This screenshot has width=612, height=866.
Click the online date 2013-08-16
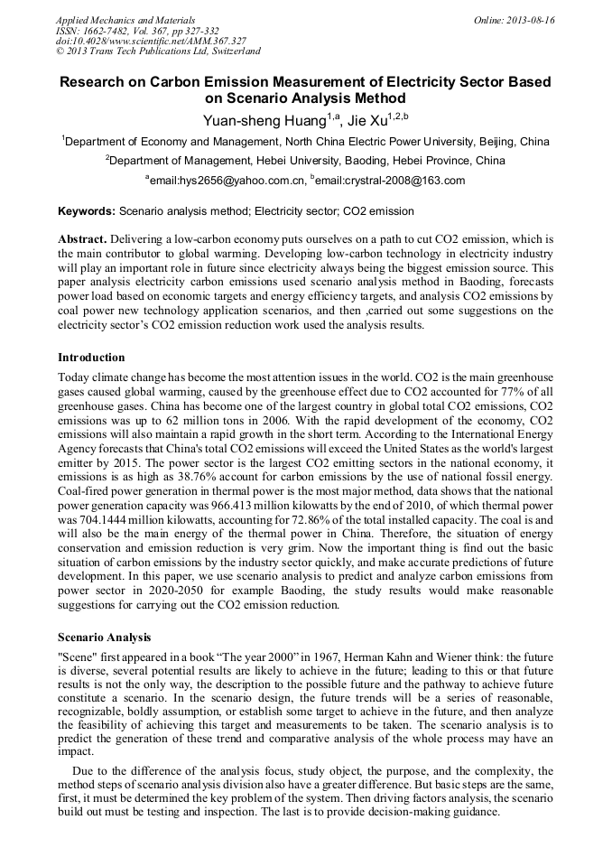[527, 20]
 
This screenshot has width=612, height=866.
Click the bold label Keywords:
[87, 211]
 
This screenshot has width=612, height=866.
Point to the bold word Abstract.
[81, 239]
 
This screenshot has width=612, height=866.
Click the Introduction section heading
[95, 357]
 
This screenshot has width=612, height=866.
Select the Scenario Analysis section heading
[105, 637]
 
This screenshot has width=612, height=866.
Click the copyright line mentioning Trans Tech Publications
[158, 52]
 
